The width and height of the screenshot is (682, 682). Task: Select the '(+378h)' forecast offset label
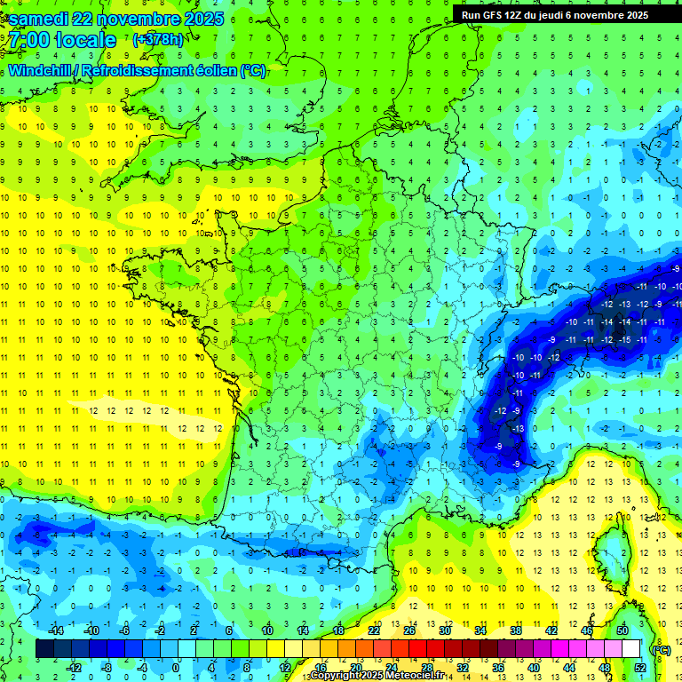[x=160, y=40]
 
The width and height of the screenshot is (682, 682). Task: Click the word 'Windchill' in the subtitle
[x=37, y=70]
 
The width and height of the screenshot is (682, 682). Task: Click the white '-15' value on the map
[x=627, y=340]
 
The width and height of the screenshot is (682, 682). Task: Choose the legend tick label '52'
[x=639, y=667]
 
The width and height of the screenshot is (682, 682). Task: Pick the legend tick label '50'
[x=622, y=630]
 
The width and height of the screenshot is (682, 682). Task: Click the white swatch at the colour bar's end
[x=630, y=649]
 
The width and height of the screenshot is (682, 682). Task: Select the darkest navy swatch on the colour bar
[x=44, y=649]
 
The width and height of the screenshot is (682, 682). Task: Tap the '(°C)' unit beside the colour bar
[x=662, y=649]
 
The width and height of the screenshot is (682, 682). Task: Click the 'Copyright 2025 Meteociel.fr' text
[x=377, y=676]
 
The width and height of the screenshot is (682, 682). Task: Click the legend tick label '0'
[x=176, y=667]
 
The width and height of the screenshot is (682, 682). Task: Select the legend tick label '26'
[x=409, y=630]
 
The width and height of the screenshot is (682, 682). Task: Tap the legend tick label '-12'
[x=75, y=667]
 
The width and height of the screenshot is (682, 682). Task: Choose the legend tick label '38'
[x=516, y=630]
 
